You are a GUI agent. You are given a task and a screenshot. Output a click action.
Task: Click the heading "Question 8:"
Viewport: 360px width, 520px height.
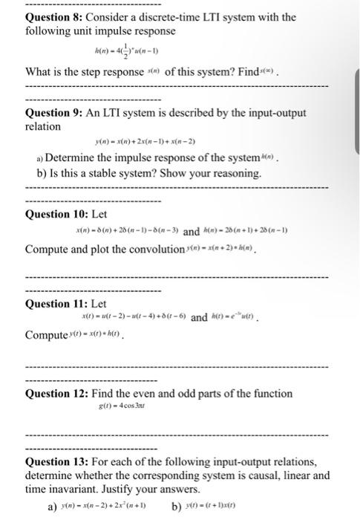coord(56,17)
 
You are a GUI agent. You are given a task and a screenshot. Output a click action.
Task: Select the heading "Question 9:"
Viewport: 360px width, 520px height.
coord(56,114)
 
